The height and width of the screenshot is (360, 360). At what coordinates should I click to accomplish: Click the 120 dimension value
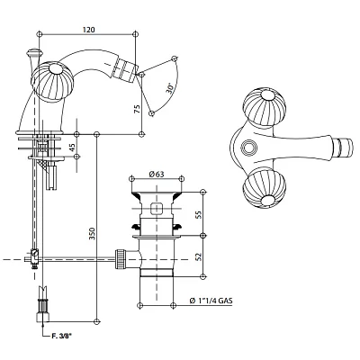pos(89,30)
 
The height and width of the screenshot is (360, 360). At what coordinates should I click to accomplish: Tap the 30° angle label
pos(170,88)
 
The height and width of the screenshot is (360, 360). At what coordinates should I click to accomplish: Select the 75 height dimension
pos(137,108)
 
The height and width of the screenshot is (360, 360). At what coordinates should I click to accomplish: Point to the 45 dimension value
pos(72,148)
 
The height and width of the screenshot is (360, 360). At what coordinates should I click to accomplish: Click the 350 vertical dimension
pos(92,233)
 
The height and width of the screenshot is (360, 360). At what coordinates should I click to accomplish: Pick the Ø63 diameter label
pos(157,174)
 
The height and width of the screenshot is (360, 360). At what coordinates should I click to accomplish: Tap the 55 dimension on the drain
pos(198,214)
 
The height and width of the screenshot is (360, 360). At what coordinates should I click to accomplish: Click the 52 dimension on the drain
pos(198,256)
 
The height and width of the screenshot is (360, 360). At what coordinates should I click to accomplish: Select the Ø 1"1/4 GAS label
pos(211,301)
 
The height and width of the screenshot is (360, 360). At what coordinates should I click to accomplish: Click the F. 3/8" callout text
pos(60,337)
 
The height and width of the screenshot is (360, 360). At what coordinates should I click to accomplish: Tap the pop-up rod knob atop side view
pos(33,52)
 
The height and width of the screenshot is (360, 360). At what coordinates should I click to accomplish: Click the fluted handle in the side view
pos(51,81)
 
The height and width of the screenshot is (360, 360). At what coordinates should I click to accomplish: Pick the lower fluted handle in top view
pos(265,192)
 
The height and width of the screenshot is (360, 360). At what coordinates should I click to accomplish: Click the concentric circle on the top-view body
pos(249,148)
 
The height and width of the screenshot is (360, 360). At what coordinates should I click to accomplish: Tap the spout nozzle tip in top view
pos(345,147)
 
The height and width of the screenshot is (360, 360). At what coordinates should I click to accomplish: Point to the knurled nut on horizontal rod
pos(120,258)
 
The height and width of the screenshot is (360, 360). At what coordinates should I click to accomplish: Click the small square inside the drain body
pos(156,209)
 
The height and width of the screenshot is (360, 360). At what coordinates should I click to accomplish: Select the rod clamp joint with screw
pos(34,259)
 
